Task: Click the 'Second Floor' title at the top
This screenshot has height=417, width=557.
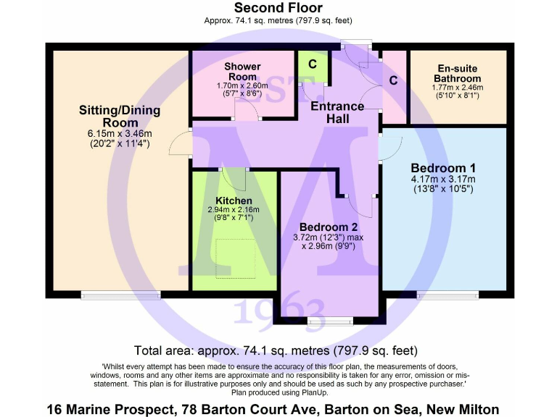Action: coord(278,8)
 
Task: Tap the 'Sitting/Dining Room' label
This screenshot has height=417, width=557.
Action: coord(120,117)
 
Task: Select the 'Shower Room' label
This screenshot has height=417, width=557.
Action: coord(242,72)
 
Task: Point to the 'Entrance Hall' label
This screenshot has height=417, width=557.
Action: coord(337,112)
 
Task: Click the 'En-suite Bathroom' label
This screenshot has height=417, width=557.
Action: coord(457,73)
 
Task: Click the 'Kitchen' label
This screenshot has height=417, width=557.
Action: coord(234,201)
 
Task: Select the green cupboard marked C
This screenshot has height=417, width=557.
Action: coord(313,64)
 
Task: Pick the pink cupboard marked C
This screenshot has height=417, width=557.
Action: coord(394,80)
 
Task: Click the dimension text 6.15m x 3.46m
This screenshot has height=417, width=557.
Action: coord(120,134)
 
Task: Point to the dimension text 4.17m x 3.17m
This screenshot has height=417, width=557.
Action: coord(442,180)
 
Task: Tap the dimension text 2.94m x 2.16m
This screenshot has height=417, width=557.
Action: coord(234,210)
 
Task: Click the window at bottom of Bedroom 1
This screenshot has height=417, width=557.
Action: coord(447,295)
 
